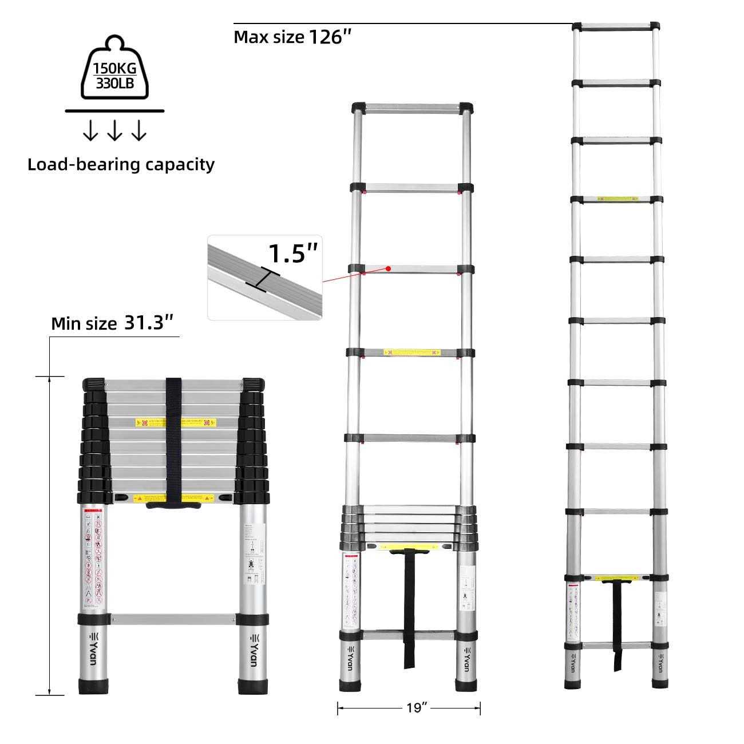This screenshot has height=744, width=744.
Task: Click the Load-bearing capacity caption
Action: (x=121, y=165)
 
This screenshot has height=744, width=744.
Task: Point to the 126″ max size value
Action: (x=330, y=37)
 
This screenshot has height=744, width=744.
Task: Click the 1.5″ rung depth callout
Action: (x=292, y=254)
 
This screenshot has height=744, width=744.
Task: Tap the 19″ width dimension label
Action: (x=417, y=709)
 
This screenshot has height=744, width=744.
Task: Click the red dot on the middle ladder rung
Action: (x=388, y=268)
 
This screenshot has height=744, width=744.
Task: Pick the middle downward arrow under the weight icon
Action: (x=114, y=132)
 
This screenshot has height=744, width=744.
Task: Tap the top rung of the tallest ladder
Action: (x=617, y=26)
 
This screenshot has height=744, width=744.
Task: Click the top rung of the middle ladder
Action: (x=412, y=108)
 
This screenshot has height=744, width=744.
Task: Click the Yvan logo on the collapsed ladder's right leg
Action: (x=254, y=650)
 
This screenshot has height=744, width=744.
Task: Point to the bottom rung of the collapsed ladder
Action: (x=173, y=619)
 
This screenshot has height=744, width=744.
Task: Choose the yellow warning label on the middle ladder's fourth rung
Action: (x=411, y=353)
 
